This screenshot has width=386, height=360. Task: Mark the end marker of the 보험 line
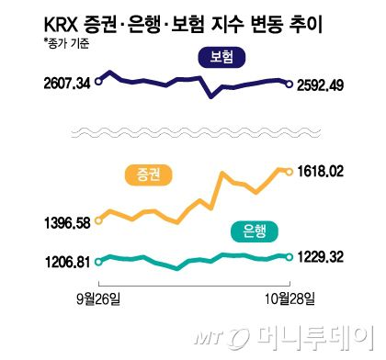pyautogui.click(x=290, y=85)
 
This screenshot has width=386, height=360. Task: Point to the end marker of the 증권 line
pyautogui.click(x=290, y=171)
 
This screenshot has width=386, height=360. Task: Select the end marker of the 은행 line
pyautogui.click(x=290, y=257)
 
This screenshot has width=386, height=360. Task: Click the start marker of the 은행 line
pyautogui.click(x=97, y=261)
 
